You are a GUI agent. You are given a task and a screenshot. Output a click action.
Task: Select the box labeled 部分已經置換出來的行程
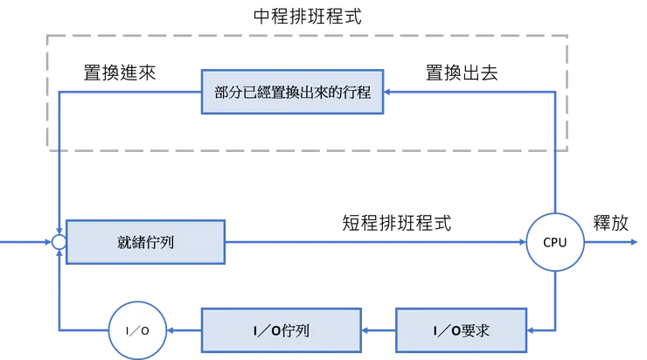point(292,91)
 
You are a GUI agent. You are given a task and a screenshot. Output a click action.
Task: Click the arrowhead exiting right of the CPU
point(632,242)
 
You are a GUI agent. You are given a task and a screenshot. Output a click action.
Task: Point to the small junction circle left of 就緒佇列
point(58,242)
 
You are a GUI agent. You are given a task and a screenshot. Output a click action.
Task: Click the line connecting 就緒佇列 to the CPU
point(376,242)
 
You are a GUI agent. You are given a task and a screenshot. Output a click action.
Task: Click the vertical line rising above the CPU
point(553,157)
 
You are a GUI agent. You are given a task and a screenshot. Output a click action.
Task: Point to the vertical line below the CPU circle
point(553,297)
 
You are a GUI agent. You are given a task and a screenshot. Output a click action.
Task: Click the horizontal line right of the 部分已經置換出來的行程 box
point(472,90)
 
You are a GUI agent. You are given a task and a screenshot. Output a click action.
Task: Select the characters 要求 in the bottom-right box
point(490,332)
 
